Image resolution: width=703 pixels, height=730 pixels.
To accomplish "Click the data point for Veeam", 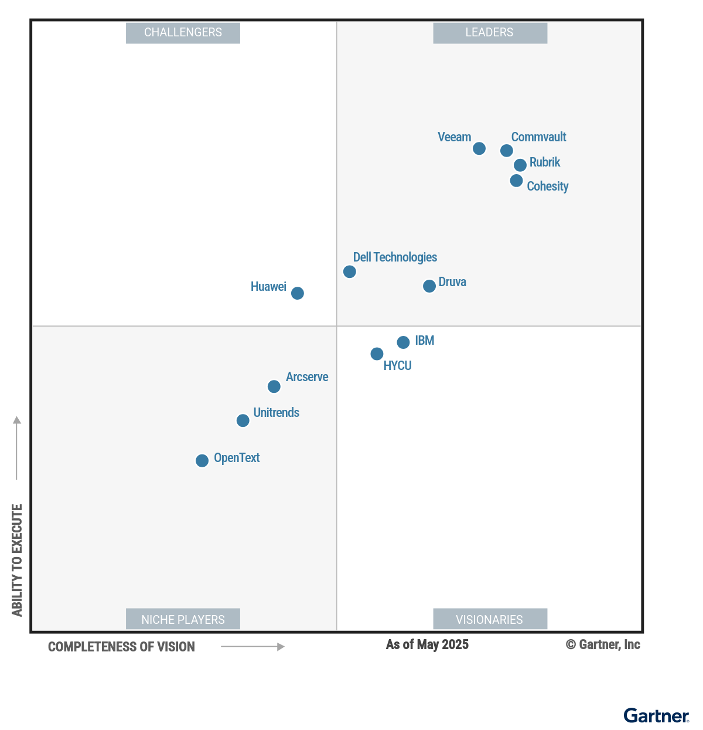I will tap(479, 148).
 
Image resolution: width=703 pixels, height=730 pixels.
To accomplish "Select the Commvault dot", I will tap(507, 151).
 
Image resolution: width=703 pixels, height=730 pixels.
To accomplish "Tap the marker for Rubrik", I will tap(520, 165).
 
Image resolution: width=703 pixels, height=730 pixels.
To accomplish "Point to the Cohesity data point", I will tap(516, 181).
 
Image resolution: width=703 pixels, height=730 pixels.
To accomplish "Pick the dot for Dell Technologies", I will tap(350, 271).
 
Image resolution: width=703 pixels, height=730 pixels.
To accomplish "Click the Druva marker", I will tap(429, 286).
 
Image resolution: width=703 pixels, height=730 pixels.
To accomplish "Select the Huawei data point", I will tap(298, 293).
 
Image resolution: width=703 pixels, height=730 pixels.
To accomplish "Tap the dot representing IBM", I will tap(403, 342).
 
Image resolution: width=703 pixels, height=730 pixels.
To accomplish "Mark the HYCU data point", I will tap(377, 354).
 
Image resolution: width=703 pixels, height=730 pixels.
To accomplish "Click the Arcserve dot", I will tap(274, 386).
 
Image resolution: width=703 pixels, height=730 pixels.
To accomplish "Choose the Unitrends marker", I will tap(243, 420).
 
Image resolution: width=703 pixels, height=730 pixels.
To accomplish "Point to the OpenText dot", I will tap(202, 461).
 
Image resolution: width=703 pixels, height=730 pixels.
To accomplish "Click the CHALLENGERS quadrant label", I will tap(183, 33).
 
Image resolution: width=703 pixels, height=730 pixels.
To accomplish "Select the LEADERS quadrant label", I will tap(490, 33).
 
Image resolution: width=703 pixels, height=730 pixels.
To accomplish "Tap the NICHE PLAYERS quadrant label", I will tap(183, 619).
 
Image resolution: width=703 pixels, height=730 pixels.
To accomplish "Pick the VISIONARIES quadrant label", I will tap(490, 619).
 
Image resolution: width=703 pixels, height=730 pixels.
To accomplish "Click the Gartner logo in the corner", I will tap(656, 716).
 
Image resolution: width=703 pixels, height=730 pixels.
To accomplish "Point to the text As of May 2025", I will tap(427, 645).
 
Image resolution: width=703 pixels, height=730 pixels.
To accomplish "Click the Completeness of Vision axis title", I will tap(121, 647).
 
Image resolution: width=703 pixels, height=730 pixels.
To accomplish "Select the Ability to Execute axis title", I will tap(17, 560).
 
